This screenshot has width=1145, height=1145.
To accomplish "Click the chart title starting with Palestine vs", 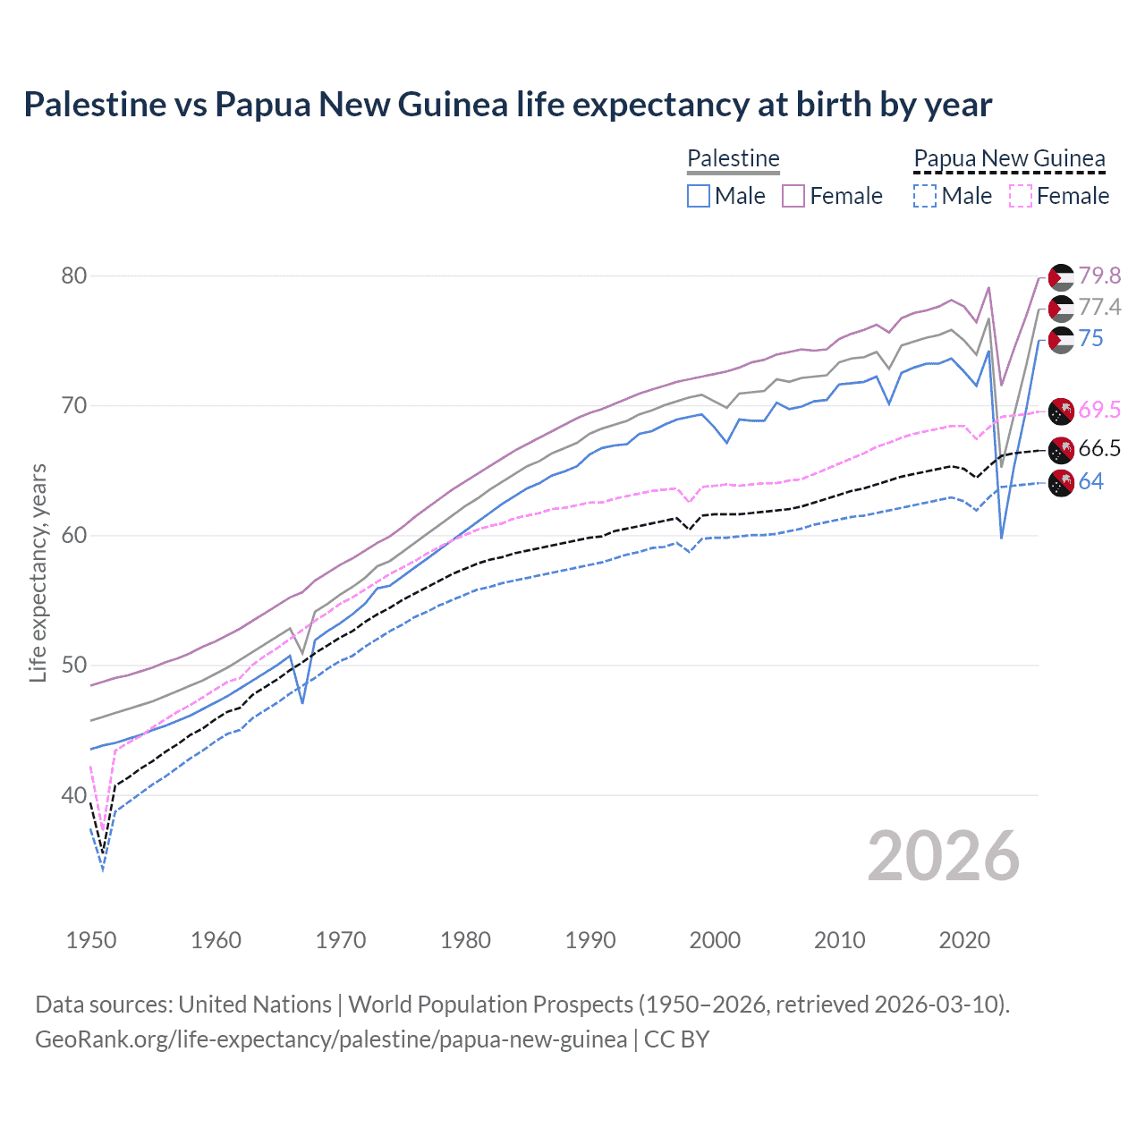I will tap(507, 105).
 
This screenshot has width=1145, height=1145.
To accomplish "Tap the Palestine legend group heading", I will tap(733, 158).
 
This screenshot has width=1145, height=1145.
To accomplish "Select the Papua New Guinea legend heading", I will tap(1009, 158).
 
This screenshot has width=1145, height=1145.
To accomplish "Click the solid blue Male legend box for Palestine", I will tap(699, 196).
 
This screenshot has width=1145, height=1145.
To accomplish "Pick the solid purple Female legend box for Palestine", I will tap(793, 196).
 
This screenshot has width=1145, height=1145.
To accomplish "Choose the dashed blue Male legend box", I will tap(925, 196).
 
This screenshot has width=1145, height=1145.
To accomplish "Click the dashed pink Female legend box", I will tap(1021, 196).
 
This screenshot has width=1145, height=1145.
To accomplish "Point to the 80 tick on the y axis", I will tap(74, 276).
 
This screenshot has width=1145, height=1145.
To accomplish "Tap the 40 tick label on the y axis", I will tap(74, 795).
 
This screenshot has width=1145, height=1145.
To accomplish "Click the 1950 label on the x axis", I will tap(91, 940).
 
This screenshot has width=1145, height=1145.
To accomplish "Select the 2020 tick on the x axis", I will tap(964, 940).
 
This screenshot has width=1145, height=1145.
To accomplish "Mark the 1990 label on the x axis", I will tap(590, 940).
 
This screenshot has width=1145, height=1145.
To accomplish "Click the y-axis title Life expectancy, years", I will tap(38, 572).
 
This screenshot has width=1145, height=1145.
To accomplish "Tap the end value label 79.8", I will tap(1099, 276).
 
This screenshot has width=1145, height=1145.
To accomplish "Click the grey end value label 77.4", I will tap(1099, 308).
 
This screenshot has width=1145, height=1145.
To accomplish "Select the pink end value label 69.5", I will tap(1099, 411).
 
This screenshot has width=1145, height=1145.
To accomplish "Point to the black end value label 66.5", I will tap(1099, 449).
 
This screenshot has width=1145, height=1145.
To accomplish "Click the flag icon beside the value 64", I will tap(1061, 482).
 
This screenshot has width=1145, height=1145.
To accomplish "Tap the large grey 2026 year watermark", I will tap(944, 856).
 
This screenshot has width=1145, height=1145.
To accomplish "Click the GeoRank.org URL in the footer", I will tap(331, 1039).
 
